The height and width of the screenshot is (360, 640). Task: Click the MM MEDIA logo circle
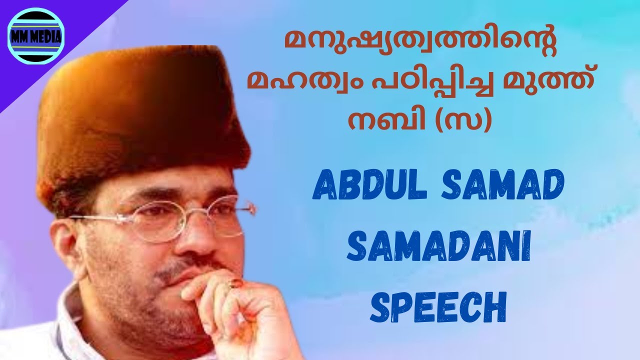36,36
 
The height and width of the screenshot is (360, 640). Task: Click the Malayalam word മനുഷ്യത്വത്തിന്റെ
420,47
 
